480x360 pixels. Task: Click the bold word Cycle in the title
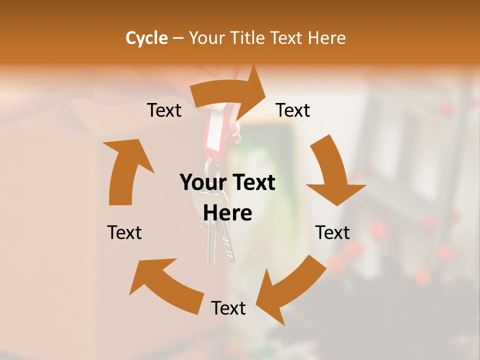point(146,38)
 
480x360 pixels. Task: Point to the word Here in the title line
point(327,38)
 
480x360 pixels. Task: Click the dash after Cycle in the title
point(178,38)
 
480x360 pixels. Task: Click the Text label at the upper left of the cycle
point(164,110)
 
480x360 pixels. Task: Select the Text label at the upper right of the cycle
point(293,110)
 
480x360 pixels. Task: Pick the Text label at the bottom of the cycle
point(228,308)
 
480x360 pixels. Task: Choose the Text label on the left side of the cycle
point(124,232)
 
